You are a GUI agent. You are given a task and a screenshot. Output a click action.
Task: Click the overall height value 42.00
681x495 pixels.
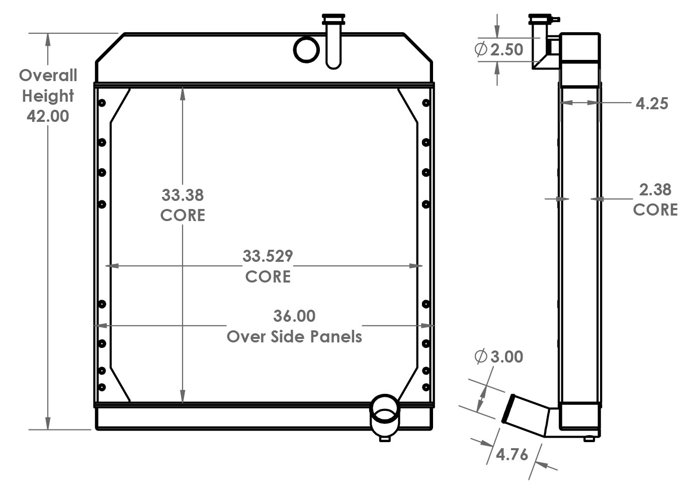pos(48,116)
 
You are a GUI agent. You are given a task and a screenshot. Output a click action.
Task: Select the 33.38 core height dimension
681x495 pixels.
pos(182,195)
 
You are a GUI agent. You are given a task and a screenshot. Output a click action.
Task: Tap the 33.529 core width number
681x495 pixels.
pos(268,256)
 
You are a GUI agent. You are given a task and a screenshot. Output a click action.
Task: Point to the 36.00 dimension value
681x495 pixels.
pos(294,316)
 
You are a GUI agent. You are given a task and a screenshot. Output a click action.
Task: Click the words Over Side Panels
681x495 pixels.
pos(294,336)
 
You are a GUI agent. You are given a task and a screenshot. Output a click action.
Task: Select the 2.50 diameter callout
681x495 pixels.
pos(506,50)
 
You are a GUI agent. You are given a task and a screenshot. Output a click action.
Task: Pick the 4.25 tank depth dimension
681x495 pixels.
pos(652,103)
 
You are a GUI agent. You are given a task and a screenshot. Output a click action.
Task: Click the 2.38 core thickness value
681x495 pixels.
pos(655,190)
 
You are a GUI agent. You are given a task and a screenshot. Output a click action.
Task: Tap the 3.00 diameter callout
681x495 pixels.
pos(506,357)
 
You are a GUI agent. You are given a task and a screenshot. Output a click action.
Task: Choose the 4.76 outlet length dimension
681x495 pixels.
pos(512,454)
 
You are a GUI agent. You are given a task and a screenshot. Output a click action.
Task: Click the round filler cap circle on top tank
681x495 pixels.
pos(306,49)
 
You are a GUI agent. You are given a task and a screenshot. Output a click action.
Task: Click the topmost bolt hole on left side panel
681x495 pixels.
pos(102,103)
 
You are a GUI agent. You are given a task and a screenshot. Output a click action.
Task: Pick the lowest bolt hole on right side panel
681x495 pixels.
pos(426,387)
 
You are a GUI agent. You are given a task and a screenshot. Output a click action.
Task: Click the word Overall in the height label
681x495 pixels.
pos(48,76)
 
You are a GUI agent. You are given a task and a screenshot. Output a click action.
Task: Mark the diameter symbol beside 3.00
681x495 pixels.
pos(481,357)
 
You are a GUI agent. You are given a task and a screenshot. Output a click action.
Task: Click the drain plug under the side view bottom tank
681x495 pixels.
pos(588,439)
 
